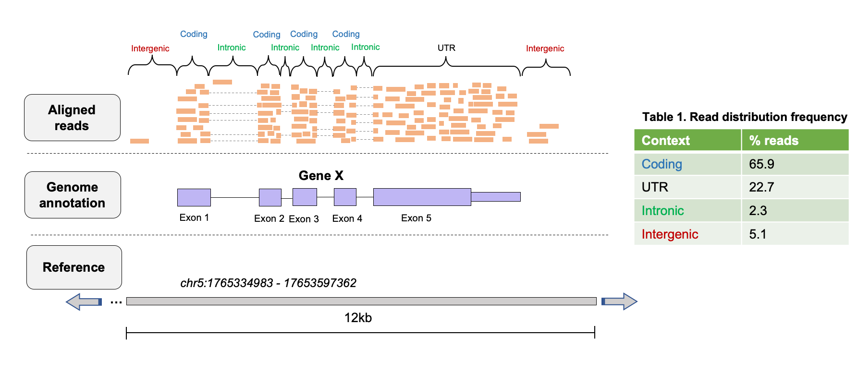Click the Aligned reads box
[72, 118]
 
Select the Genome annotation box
[73, 195]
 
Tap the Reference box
[74, 267]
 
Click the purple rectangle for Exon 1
[194, 197]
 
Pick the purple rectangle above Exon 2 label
[270, 197]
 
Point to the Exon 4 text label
[347, 218]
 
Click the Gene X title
[321, 176]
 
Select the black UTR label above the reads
[446, 48]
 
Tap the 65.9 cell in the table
[761, 164]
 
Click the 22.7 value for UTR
[761, 187]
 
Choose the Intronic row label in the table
[662, 211]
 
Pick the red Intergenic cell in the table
[670, 234]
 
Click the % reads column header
[773, 141]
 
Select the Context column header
[665, 141]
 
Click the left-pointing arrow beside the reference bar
[84, 301]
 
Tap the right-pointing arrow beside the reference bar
[620, 301]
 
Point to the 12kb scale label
[358, 318]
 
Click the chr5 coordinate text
[268, 283]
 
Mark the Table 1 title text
[744, 117]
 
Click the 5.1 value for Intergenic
[758, 234]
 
